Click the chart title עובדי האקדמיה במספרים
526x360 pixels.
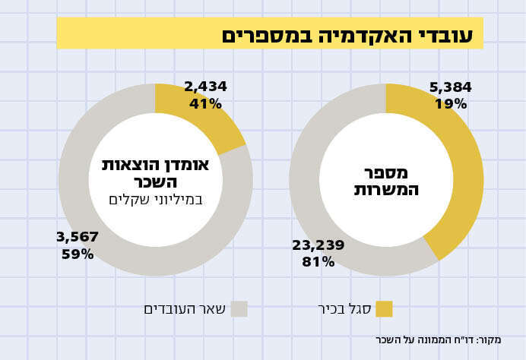pyautogui.click(x=347, y=35)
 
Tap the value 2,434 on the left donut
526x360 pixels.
pyautogui.click(x=205, y=87)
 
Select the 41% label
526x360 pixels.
pyautogui.click(x=205, y=104)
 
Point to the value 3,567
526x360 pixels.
pyautogui.click(x=78, y=237)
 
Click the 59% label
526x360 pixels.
pyautogui.click(x=78, y=254)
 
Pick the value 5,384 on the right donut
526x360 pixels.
pyautogui.click(x=451, y=87)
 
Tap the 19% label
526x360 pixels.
pyautogui.click(x=451, y=104)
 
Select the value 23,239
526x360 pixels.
pyautogui.click(x=318, y=245)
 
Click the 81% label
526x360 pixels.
pyautogui.click(x=318, y=262)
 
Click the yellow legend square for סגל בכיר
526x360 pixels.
pyautogui.click(x=384, y=308)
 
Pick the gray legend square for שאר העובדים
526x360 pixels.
pyautogui.click(x=239, y=308)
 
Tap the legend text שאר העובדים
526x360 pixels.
pyautogui.click(x=185, y=308)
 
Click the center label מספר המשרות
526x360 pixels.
pyautogui.click(x=386, y=181)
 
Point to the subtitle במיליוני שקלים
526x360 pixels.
pyautogui.click(x=156, y=200)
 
